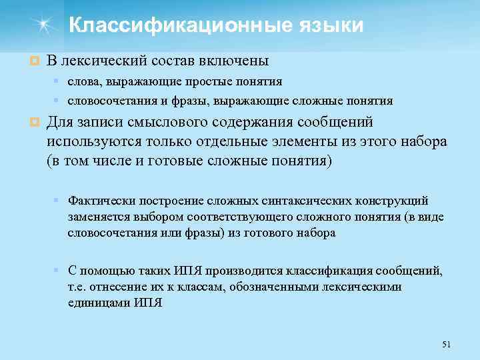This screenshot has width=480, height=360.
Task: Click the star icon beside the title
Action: (x=43, y=26)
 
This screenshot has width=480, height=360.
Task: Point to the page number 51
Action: (x=447, y=344)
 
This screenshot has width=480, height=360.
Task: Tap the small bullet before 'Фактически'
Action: (x=59, y=200)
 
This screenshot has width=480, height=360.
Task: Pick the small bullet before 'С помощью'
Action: (x=59, y=270)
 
